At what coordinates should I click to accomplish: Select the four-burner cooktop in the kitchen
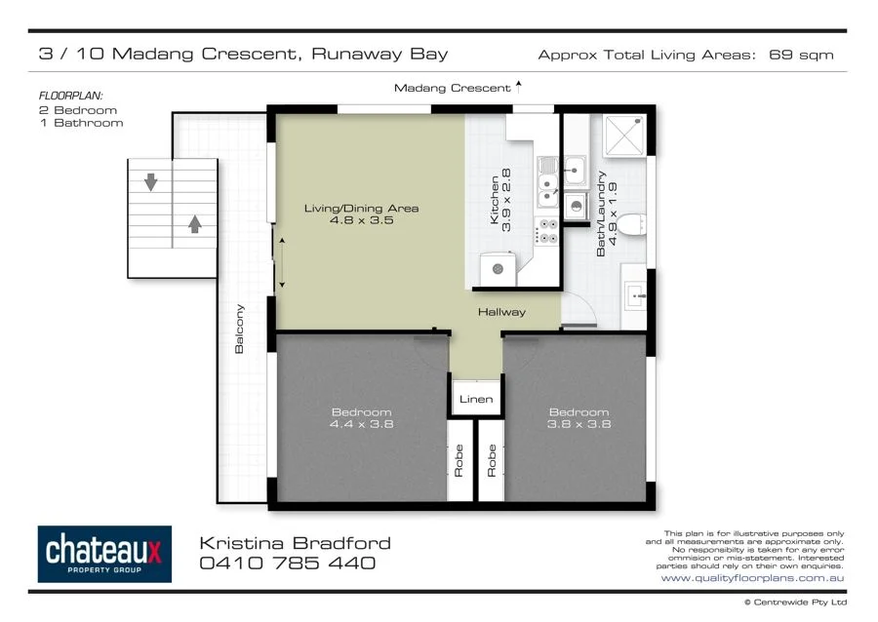[547, 231]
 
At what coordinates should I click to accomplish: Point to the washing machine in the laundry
[575, 206]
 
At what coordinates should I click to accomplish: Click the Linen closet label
[476, 400]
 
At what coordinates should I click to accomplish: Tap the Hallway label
[501, 312]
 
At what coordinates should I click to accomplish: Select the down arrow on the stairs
[151, 181]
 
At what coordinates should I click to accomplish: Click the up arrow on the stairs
[194, 223]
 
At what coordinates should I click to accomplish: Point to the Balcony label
[239, 329]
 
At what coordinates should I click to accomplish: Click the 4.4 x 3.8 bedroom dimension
[360, 424]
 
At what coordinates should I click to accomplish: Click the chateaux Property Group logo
[104, 554]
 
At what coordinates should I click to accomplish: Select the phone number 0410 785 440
[287, 564]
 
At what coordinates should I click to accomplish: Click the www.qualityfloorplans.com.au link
[752, 578]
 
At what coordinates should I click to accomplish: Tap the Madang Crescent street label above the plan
[452, 88]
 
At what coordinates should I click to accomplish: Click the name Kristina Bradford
[295, 543]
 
